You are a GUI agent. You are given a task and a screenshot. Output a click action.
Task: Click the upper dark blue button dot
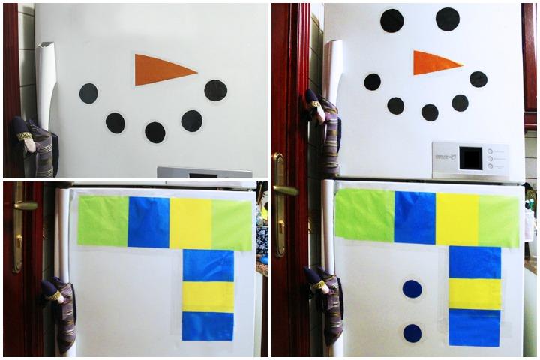point(412,289)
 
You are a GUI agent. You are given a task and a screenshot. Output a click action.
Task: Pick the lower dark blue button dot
point(412,333)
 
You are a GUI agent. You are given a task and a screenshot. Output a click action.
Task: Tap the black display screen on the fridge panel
point(471,158)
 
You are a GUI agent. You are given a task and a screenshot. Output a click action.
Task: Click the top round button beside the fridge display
point(490,150)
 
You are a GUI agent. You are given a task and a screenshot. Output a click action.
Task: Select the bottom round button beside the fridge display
point(490,169)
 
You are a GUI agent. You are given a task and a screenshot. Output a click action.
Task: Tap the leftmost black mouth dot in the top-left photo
point(88,94)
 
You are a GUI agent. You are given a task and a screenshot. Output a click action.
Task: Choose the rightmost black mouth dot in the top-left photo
point(216,90)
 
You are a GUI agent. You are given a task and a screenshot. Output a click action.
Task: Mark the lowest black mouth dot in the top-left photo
point(155,133)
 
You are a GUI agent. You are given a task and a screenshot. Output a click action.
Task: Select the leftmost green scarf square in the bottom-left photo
point(103,221)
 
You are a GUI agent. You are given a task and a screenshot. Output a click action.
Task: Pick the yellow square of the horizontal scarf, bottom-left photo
point(190,223)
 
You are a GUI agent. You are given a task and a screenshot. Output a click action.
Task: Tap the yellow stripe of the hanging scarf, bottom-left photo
point(208,296)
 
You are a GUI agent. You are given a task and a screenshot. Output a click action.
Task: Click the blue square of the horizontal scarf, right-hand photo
point(415,217)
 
